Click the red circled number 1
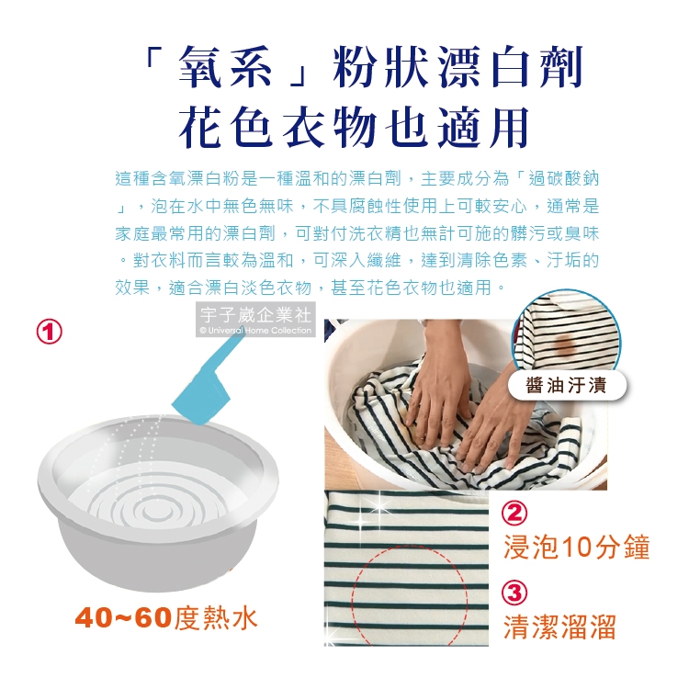[50, 332]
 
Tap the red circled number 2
[514, 514]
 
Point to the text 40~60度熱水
[166, 618]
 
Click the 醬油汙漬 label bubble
[567, 385]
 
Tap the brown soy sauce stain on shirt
[565, 344]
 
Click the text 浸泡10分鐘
[576, 548]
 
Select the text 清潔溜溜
[559, 627]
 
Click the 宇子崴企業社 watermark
[255, 314]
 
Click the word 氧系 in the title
[225, 67]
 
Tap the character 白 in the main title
[511, 67]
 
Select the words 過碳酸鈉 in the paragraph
[564, 179]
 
